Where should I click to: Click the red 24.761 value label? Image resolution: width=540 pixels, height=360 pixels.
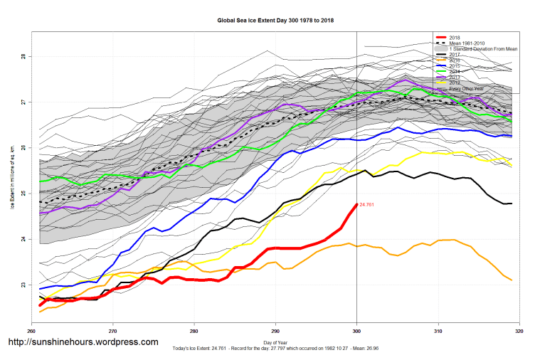367,205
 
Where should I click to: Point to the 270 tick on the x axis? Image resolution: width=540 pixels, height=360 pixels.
112,332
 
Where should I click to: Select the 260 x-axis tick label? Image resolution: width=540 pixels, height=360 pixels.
31,332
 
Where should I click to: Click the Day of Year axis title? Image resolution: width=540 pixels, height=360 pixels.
275,343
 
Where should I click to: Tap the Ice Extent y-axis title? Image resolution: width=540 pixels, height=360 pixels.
12,171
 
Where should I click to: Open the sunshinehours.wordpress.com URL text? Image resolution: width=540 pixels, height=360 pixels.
83,342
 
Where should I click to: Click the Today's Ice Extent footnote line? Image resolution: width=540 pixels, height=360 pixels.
275,349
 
